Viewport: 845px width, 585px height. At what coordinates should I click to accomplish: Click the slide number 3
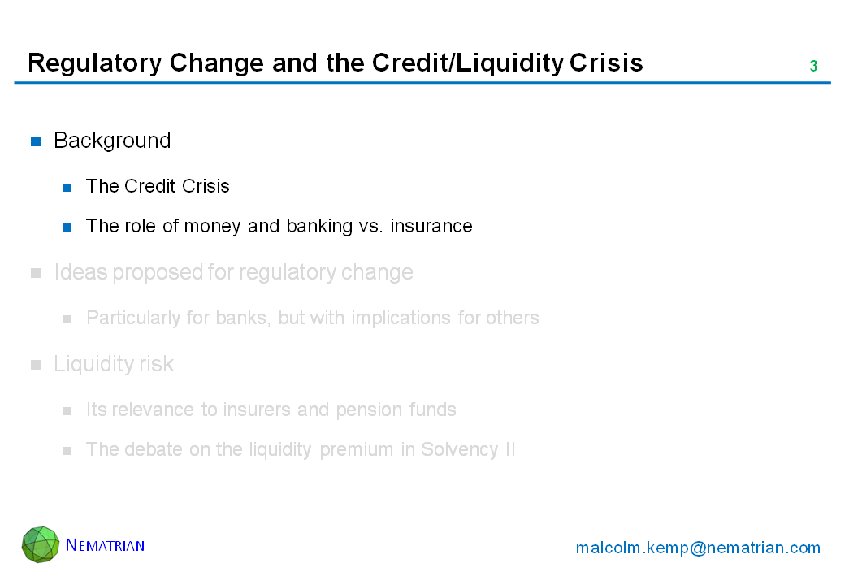814,66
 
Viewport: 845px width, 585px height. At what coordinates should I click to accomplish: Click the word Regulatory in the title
94,63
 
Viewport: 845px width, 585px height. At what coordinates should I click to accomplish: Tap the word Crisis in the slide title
606,63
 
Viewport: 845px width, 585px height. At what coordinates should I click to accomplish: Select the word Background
112,141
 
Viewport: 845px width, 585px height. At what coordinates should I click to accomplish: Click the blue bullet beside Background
36,141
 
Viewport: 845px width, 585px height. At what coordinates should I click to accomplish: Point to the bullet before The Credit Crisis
67,188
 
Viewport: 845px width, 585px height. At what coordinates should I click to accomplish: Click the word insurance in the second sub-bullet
431,226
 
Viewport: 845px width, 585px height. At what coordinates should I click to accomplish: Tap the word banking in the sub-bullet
319,226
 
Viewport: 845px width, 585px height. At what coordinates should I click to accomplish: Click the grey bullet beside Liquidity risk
36,365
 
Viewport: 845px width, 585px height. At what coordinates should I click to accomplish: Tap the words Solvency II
468,449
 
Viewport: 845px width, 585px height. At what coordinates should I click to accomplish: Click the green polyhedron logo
41,544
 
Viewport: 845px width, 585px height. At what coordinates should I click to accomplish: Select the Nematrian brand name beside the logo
105,545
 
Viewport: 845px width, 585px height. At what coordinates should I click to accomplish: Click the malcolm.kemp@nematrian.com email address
698,548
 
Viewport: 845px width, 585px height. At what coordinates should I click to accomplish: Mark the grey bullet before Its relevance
67,411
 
